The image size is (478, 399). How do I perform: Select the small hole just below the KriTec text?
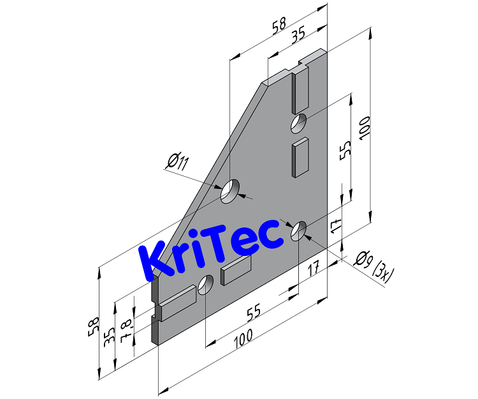click(206, 285)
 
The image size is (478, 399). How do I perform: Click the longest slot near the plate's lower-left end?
click(178, 303)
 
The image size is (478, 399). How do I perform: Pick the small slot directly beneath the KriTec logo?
click(236, 273)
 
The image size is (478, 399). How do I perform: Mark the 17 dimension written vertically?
click(337, 224)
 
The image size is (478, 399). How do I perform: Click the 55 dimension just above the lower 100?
click(254, 313)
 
